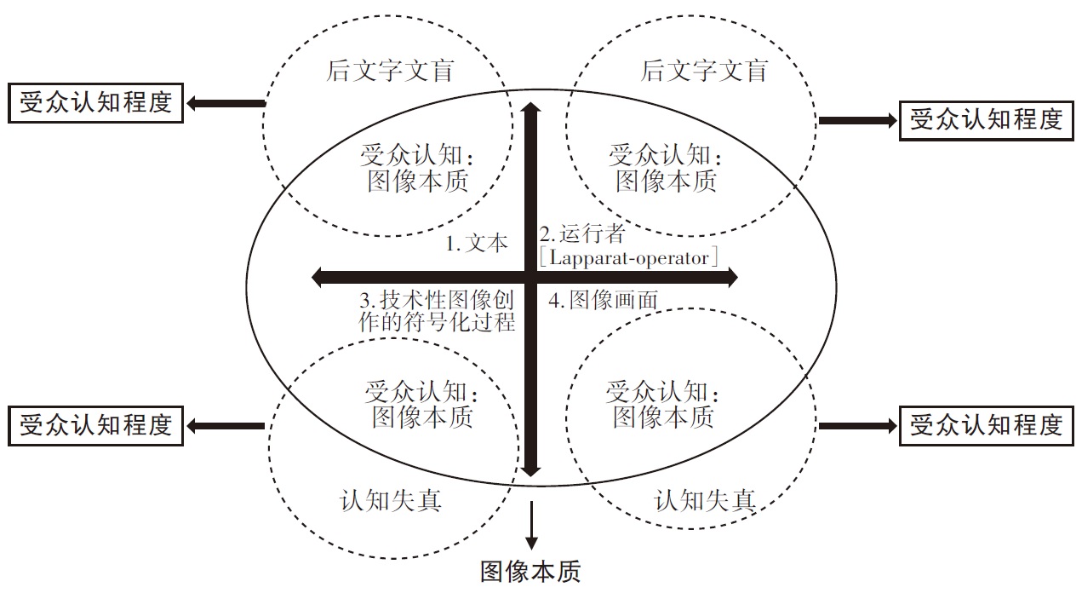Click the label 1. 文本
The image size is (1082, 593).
point(477,244)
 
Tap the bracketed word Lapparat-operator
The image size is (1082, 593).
point(629,257)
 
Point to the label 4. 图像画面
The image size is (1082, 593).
point(603,300)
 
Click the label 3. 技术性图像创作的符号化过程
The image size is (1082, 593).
point(438,312)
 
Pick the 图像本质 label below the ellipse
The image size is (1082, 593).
point(530,572)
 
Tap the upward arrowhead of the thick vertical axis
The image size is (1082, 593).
point(531,109)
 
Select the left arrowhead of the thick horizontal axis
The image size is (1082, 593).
point(319,277)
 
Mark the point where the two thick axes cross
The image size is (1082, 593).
point(531,277)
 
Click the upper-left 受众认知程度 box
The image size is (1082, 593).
point(95,103)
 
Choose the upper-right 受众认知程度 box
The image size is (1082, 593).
point(987,120)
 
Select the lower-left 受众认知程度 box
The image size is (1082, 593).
point(95,424)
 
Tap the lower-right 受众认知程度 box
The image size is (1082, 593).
point(987,424)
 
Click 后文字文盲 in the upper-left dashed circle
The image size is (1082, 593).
point(390,71)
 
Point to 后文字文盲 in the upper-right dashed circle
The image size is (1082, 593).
point(704,71)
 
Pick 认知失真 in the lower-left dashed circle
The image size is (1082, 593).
point(391,500)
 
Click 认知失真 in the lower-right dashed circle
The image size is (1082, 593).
point(705,500)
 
